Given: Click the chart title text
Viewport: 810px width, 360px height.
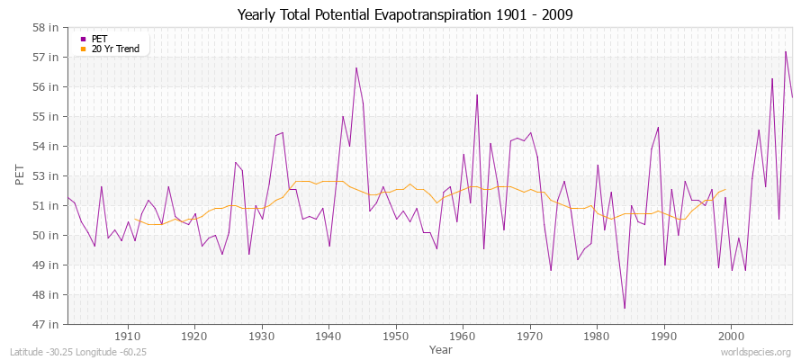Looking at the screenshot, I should click(404, 15).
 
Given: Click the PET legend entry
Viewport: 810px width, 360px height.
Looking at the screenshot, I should click(99, 39).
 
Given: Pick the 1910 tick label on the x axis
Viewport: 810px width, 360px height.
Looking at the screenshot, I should click(127, 337).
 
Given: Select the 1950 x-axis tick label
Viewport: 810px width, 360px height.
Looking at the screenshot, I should click(395, 337).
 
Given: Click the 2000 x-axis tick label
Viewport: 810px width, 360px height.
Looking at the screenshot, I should click(731, 337).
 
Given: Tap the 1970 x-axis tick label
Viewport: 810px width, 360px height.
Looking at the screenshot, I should click(529, 337).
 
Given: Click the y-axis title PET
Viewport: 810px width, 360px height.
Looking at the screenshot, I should click(21, 175).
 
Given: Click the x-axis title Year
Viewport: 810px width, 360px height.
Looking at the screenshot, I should click(441, 348).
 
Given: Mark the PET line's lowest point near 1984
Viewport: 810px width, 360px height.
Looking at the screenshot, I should click(625, 308).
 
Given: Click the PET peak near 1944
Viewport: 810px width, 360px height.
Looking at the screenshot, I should click(356, 68).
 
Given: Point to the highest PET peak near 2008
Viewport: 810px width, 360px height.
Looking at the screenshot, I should click(786, 51).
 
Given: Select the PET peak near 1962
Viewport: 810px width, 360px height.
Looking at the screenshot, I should click(477, 94).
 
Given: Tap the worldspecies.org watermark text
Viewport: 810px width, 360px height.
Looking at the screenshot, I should click(757, 351).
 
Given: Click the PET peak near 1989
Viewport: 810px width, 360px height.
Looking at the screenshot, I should click(658, 127).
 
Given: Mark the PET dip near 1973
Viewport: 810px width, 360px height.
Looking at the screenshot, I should click(551, 270).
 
